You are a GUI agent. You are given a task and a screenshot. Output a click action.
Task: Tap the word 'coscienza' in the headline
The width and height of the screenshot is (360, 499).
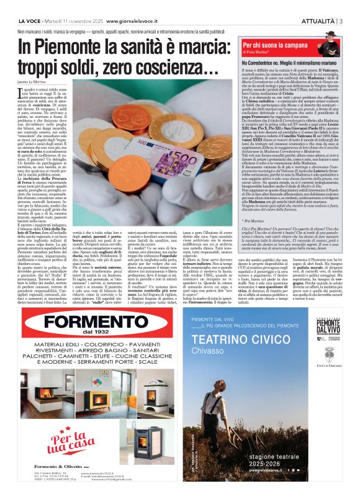(171, 66)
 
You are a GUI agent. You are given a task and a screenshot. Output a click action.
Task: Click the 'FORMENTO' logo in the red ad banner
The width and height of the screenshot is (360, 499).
(92, 322)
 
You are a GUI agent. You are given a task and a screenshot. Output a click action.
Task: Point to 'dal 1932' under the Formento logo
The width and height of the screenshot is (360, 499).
(93, 336)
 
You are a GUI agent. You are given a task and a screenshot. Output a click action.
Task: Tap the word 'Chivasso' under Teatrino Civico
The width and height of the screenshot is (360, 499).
(209, 353)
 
